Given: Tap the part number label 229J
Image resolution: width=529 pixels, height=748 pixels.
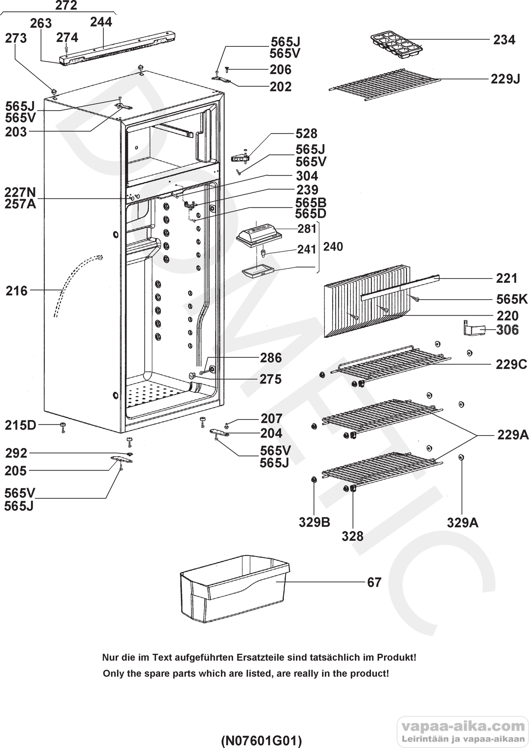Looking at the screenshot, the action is pos(505,79).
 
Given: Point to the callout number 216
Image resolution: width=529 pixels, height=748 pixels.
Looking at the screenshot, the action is pos(17,291).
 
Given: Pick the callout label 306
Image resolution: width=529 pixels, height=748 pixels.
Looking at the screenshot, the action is pos(507,330).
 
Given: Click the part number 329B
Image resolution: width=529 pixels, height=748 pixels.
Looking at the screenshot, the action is pos(315,522).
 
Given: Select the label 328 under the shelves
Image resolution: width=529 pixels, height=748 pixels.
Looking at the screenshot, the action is pos(352,536).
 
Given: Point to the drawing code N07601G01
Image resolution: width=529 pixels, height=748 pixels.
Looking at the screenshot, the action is pos(261,739).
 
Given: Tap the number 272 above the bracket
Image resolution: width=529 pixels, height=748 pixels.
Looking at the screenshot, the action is pos(66,5).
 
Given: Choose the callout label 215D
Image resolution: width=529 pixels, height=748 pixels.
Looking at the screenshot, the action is pos(20,425).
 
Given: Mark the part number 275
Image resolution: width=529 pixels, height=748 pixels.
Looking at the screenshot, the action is pos(271,379).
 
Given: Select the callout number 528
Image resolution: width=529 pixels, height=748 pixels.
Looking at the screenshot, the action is pos(306,134).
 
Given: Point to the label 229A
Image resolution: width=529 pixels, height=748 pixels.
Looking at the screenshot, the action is pos(513,435).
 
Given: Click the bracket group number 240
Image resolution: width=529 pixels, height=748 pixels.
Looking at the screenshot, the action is pos(333,247).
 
